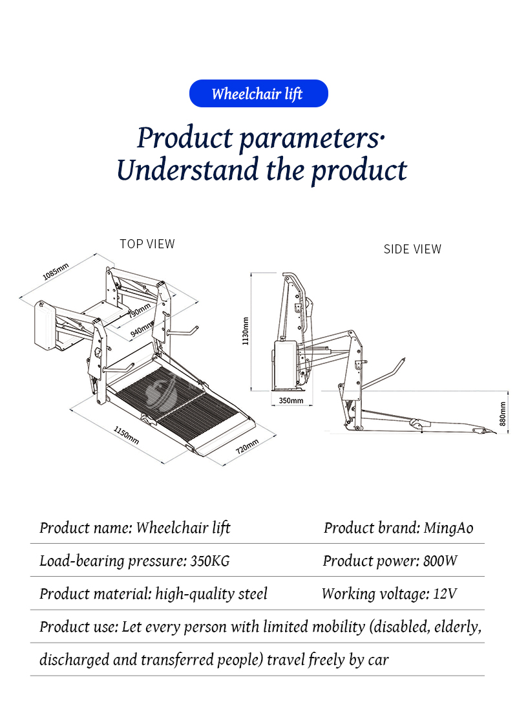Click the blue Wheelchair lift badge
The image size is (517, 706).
(x=258, y=93)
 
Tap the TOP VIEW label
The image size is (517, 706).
(x=147, y=244)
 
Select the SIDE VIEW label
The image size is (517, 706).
(x=412, y=249)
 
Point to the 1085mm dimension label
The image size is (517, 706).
(x=56, y=272)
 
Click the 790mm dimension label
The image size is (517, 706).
(x=140, y=311)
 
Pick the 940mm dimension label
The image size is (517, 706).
(x=142, y=329)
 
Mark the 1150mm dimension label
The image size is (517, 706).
(x=127, y=435)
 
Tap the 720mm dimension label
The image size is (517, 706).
(x=248, y=445)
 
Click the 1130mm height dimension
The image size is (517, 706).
(x=245, y=332)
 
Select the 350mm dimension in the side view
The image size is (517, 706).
(x=291, y=400)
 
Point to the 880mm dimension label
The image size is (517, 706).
(x=503, y=414)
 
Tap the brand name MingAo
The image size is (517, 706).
(x=448, y=528)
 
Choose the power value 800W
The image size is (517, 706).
(x=440, y=561)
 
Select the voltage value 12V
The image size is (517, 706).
(x=445, y=594)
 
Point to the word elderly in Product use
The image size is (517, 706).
(x=458, y=626)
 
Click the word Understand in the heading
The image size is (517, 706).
(x=187, y=170)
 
